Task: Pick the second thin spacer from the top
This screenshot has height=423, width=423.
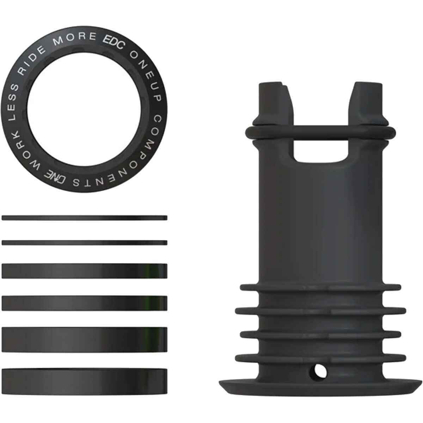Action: [84, 242]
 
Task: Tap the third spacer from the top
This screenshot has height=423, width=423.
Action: [84, 270]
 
